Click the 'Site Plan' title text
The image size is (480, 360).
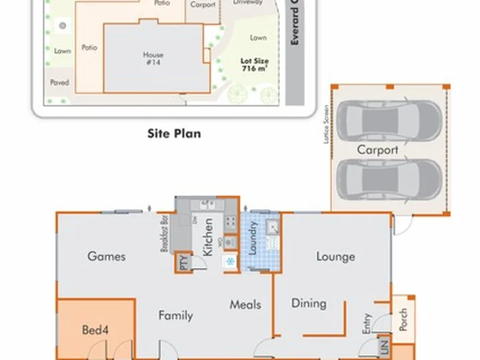coord(174,133)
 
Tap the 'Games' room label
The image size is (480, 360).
coord(107,256)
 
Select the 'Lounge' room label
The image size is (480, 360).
coord(335,257)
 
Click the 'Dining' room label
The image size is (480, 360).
coord(309,303)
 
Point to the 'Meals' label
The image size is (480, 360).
coord(245,305)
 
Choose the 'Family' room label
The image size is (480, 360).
coord(175,315)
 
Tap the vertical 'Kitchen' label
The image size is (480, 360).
coord(207,237)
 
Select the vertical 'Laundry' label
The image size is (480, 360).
coord(253,239)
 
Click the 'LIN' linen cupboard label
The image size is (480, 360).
coord(383,347)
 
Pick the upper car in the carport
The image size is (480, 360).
coord(389,121)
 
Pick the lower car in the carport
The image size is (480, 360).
coord(389,179)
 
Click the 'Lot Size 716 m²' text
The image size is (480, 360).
coord(253,64)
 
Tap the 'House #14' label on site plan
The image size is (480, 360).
coord(153,59)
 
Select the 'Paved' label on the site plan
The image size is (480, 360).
coord(60,83)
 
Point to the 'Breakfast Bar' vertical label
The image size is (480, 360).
coord(163,233)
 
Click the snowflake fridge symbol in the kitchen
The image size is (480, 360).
coord(231,261)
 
